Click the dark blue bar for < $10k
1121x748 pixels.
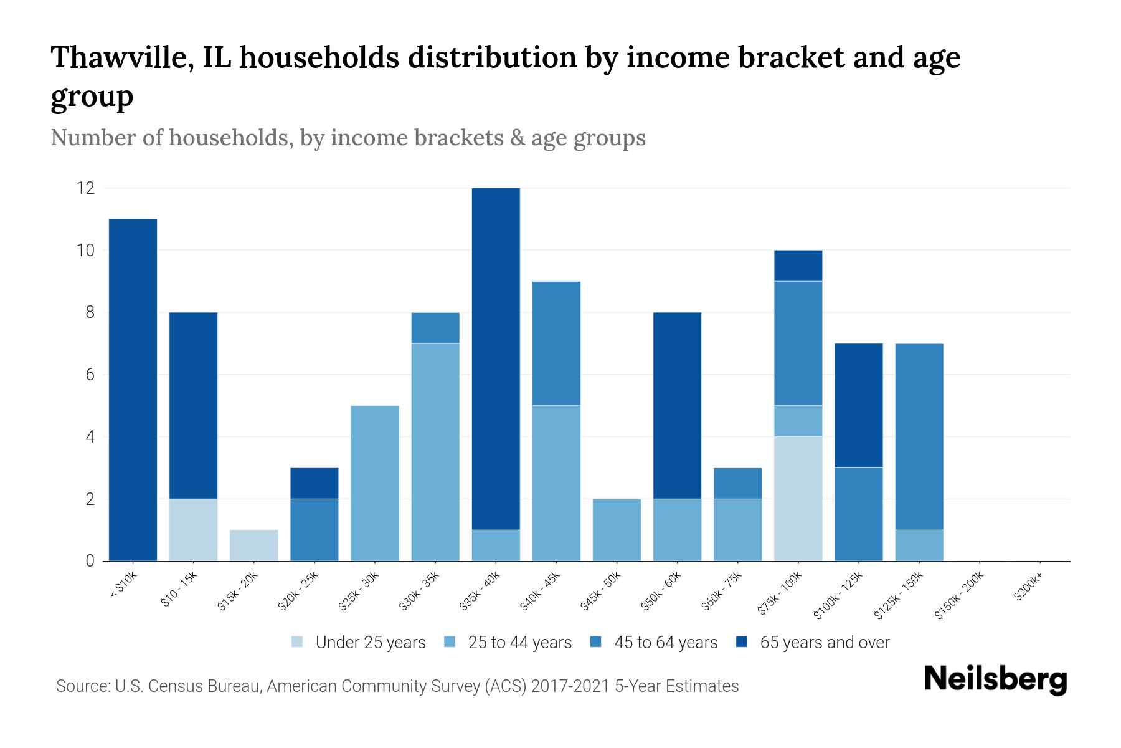[133, 390]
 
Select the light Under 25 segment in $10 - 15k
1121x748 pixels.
[193, 530]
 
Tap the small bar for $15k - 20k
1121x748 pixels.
[253, 545]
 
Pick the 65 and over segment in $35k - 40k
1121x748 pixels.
[496, 358]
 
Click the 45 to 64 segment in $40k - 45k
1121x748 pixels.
[556, 343]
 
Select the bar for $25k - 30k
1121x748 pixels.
[375, 483]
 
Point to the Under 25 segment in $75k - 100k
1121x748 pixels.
[798, 499]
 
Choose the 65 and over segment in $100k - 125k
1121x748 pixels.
[858, 405]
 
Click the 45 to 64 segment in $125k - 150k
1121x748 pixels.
[919, 436]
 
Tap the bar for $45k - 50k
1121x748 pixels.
[617, 530]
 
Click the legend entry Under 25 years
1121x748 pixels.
[370, 643]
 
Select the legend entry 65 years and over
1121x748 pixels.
[824, 643]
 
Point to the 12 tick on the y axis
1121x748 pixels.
[85, 188]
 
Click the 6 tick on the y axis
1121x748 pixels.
[90, 374]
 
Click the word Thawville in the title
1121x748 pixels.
[121, 57]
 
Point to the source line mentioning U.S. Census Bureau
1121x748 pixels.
[397, 686]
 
